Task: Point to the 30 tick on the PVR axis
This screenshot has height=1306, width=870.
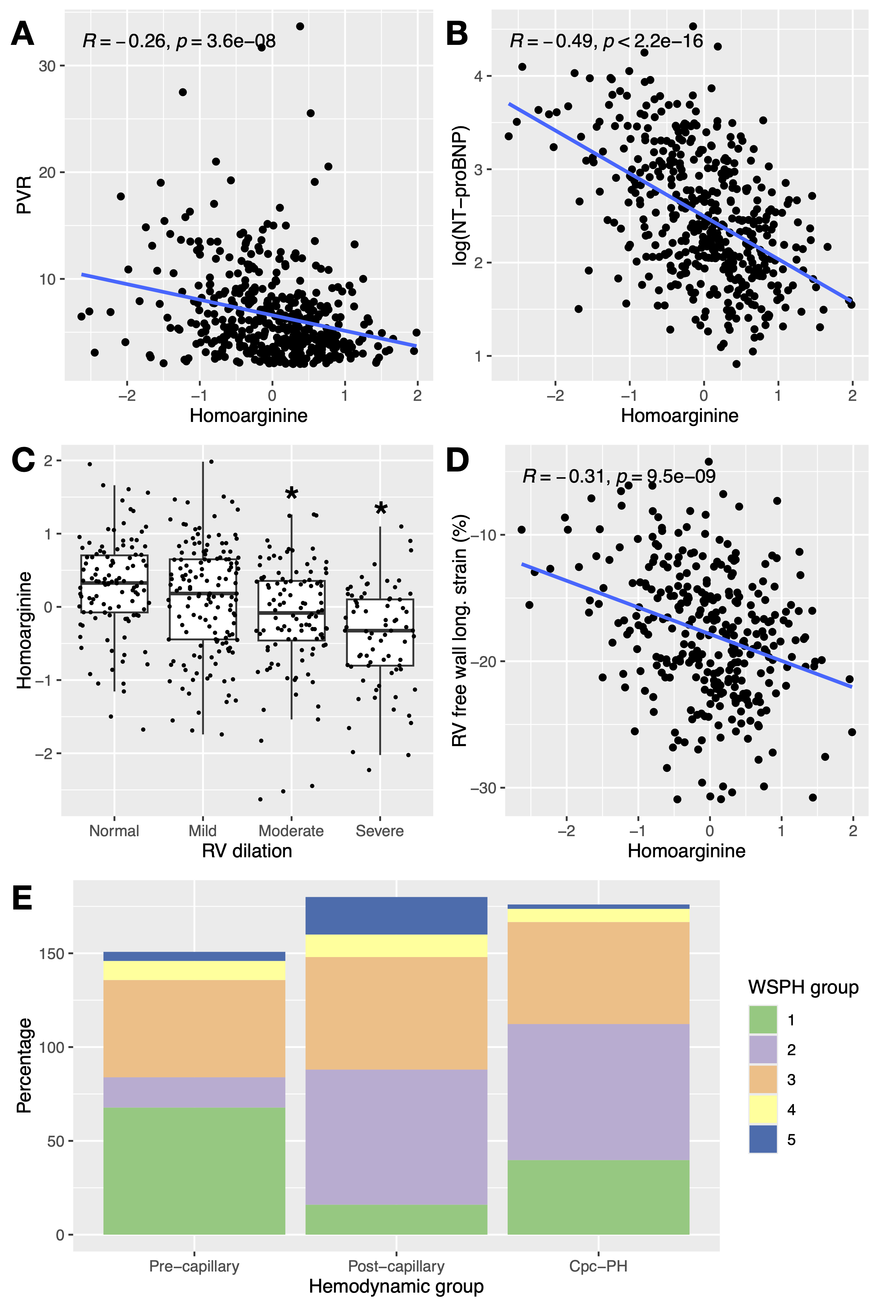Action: tap(47, 66)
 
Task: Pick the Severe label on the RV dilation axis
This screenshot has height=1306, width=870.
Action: tap(379, 830)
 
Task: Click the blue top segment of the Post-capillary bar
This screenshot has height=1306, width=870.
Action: tap(396, 916)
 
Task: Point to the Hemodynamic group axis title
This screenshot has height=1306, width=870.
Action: tap(396, 1286)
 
